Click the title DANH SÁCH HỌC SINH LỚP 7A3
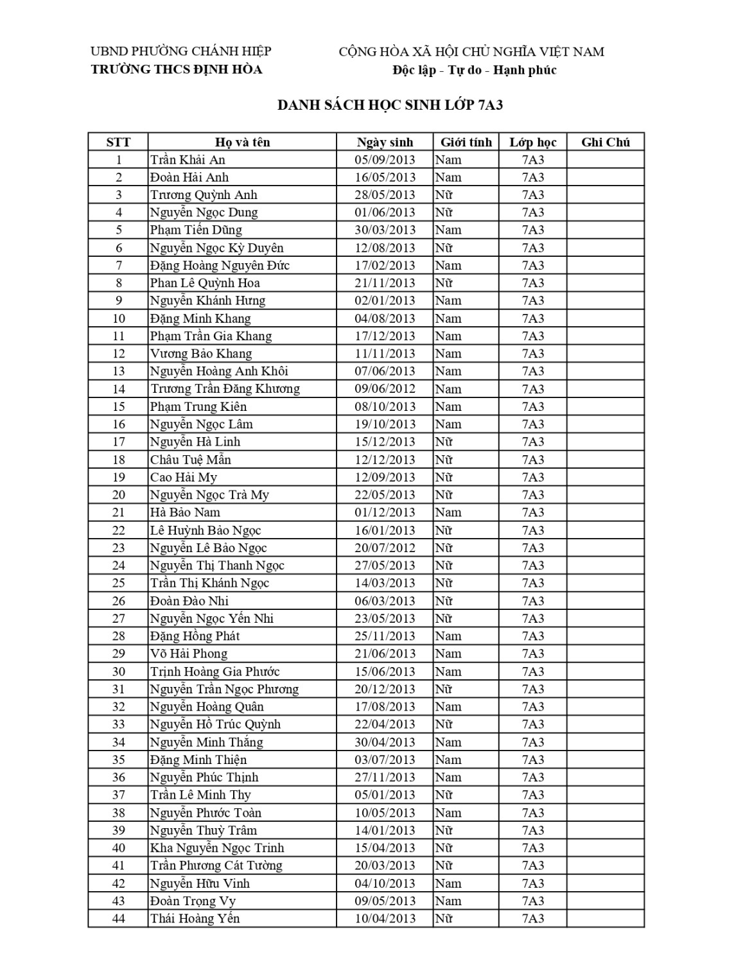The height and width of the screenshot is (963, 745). (389, 105)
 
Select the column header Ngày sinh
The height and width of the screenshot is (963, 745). (385, 143)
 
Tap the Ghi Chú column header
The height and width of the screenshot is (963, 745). (605, 143)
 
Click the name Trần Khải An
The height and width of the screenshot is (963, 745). (188, 160)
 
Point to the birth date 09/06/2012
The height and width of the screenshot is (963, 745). (385, 389)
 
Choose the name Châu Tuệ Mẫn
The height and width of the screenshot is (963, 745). (190, 460)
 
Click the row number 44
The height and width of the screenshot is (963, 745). (118, 919)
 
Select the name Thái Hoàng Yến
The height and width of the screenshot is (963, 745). (195, 919)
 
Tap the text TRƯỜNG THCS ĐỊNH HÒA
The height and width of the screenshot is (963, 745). (177, 69)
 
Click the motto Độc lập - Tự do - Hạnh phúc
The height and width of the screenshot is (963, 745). (474, 70)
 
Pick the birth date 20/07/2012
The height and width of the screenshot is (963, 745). (385, 548)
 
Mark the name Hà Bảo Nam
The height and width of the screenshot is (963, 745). (185, 512)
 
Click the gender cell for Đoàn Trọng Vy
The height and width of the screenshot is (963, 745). (448, 901)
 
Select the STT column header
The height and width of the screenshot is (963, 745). (118, 143)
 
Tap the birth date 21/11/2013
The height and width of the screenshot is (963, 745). (385, 283)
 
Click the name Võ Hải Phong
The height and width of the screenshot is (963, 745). (189, 654)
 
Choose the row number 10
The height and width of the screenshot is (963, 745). (118, 318)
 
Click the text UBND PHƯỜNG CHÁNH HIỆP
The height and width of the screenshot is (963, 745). (181, 51)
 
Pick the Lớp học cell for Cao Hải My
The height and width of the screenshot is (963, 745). (532, 477)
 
